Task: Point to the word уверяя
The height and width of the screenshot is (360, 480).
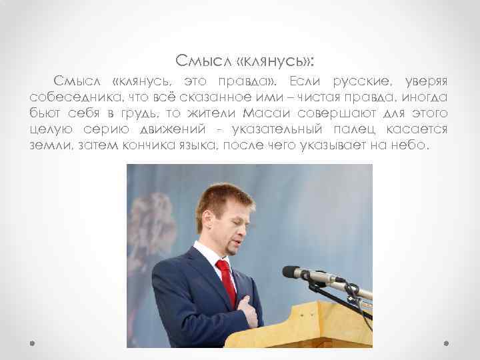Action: tap(424, 81)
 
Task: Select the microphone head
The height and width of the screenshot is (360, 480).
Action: tap(291, 271)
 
